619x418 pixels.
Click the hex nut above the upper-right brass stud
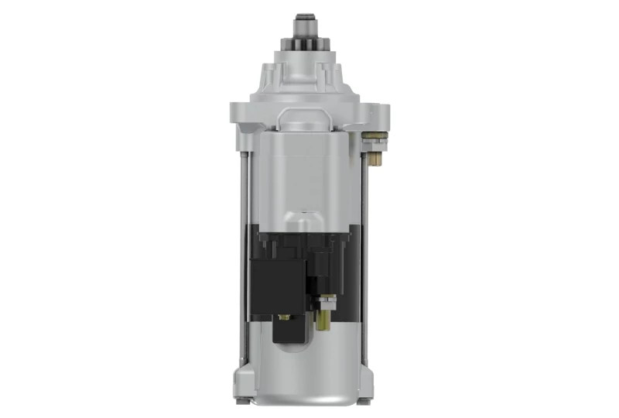(375, 140)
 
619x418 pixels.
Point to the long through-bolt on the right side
(364, 255)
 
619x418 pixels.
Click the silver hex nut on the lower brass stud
(325, 302)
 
